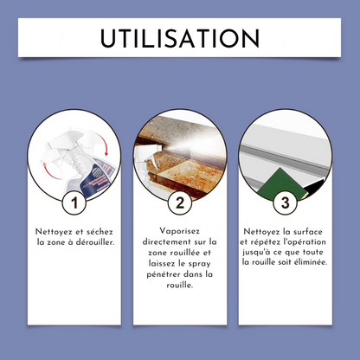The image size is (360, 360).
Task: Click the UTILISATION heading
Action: [x=180, y=38]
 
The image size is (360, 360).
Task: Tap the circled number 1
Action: [x=74, y=202]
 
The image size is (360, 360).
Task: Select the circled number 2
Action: [x=180, y=202]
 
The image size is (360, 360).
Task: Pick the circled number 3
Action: [x=285, y=202]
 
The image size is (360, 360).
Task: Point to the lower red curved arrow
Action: [x=51, y=171]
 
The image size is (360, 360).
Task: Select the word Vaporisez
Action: [x=180, y=231]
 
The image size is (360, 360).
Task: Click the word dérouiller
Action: [x=95, y=242]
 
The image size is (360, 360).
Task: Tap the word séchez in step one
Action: [x=100, y=232]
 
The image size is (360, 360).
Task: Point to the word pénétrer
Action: [x=164, y=274]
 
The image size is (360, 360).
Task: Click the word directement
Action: [x=165, y=241]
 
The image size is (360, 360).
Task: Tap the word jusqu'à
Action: [x=254, y=252]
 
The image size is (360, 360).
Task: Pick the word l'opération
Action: [x=305, y=241]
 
